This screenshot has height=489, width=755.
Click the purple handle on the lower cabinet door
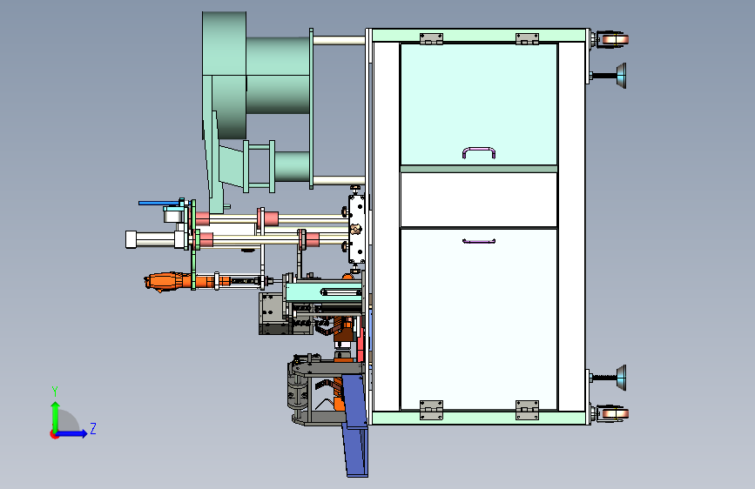click(x=479, y=242)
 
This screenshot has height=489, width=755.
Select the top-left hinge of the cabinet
click(x=431, y=39)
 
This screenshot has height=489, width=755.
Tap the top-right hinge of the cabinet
click(x=527, y=39)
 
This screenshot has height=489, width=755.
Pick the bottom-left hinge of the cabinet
click(x=431, y=410)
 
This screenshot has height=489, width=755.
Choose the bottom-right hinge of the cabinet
click(x=527, y=410)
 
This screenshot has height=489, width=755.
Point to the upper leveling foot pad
click(x=621, y=76)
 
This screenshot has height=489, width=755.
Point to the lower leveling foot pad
click(x=621, y=378)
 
